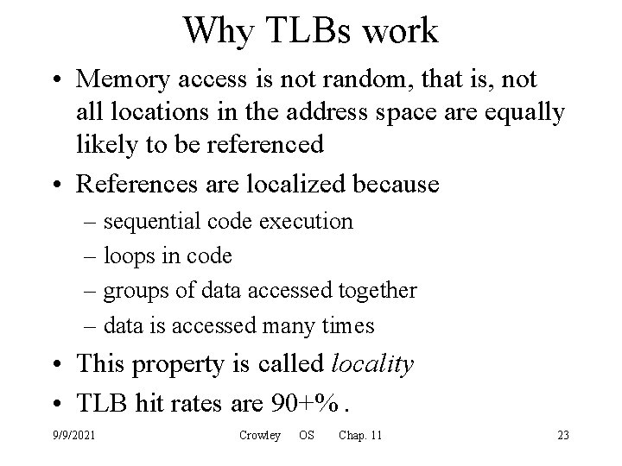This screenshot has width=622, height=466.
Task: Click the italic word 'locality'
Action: [372, 365]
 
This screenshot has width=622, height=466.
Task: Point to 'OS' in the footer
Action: [306, 435]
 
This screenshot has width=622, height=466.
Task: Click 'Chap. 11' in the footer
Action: [360, 435]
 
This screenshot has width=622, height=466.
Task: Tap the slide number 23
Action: [563, 435]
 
